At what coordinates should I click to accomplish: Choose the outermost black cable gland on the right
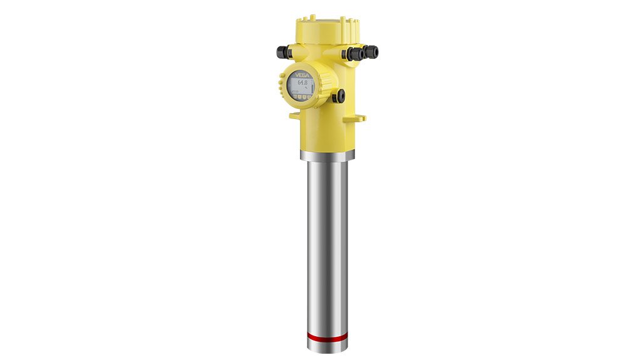(372, 52)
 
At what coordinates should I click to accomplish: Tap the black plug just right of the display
(339, 96)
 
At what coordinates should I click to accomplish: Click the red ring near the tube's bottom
(328, 336)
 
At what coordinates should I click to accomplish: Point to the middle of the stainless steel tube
(328, 244)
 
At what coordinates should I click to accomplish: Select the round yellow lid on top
(327, 25)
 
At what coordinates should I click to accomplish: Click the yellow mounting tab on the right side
(359, 118)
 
